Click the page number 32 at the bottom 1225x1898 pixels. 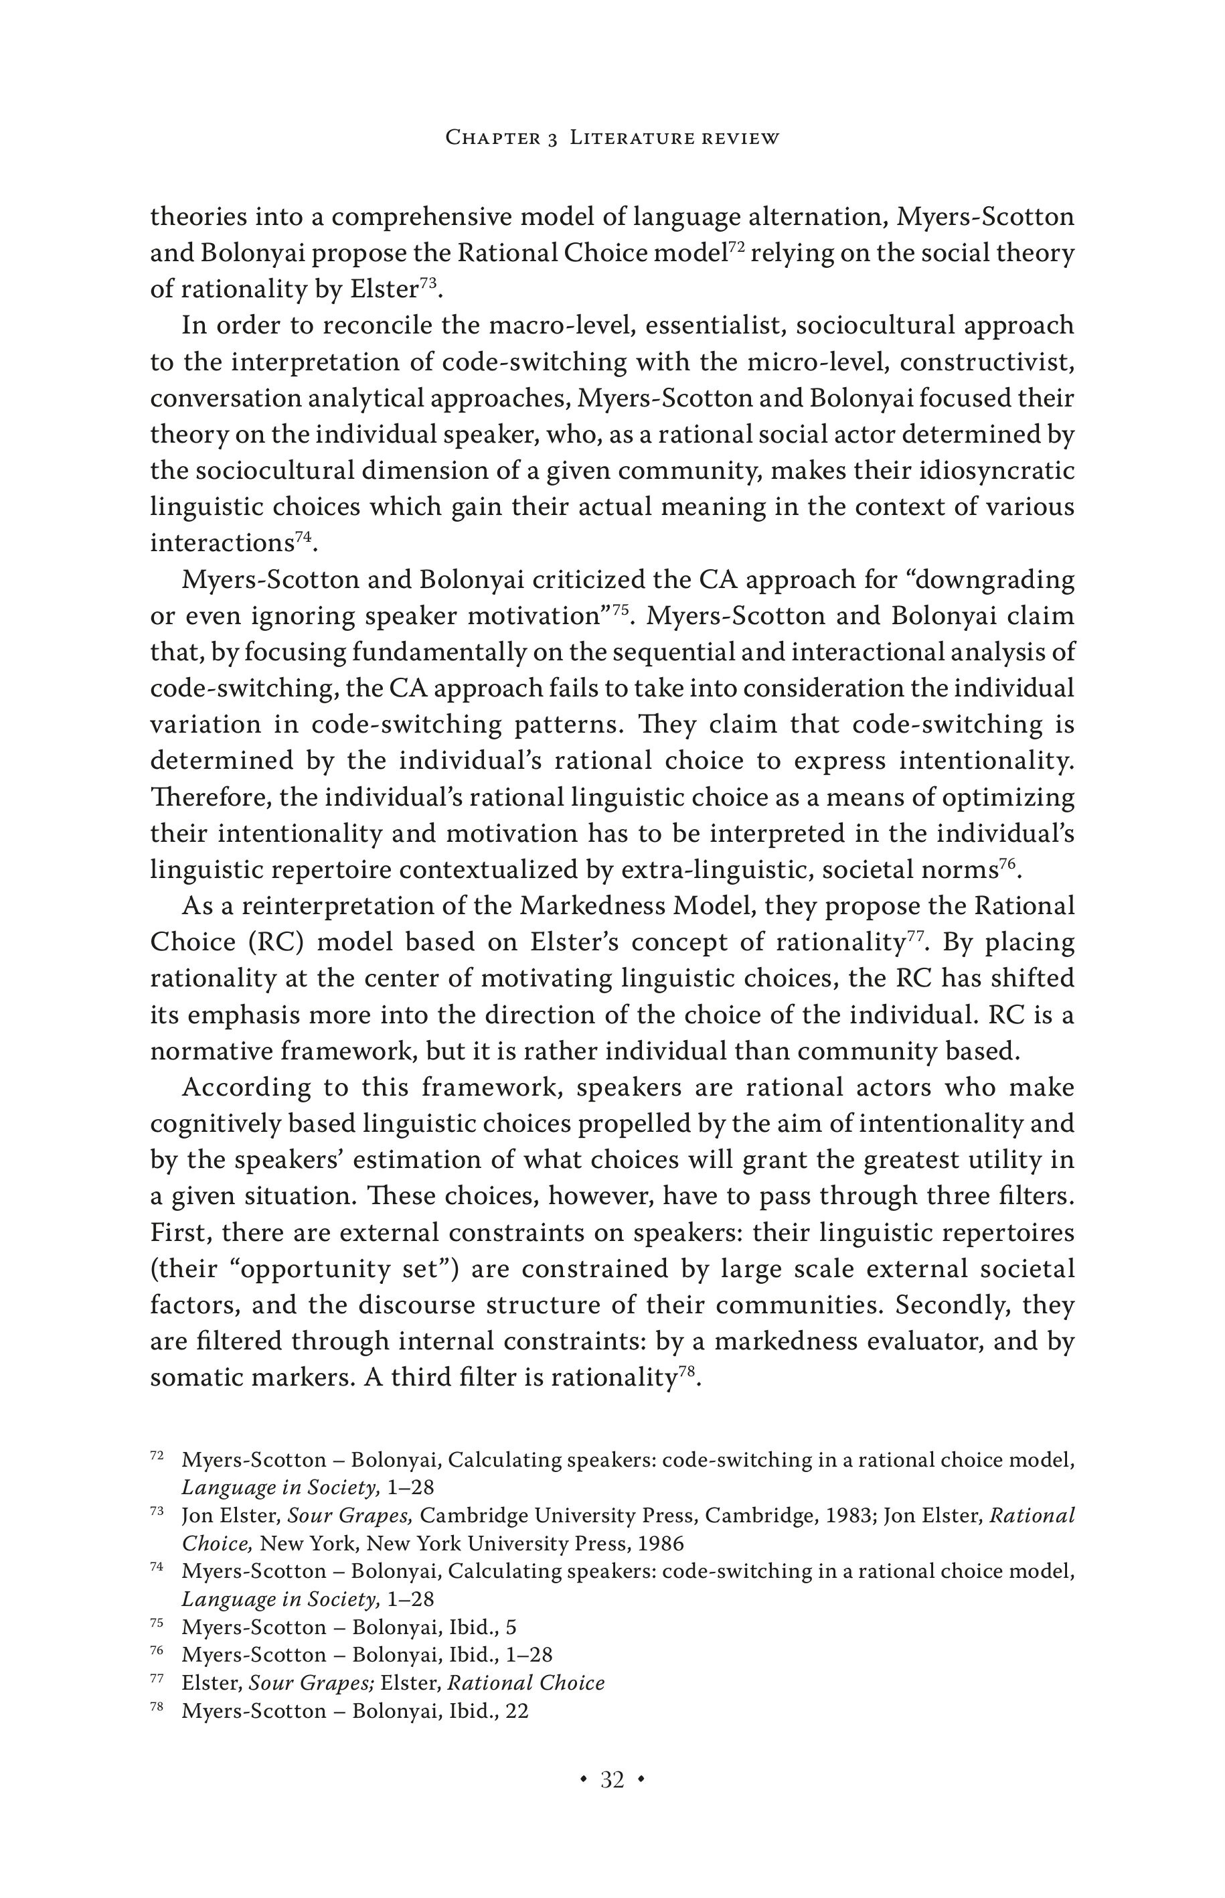click(612, 1779)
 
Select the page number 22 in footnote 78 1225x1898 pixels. click(516, 1711)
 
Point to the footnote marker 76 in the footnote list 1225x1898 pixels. click(157, 1652)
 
